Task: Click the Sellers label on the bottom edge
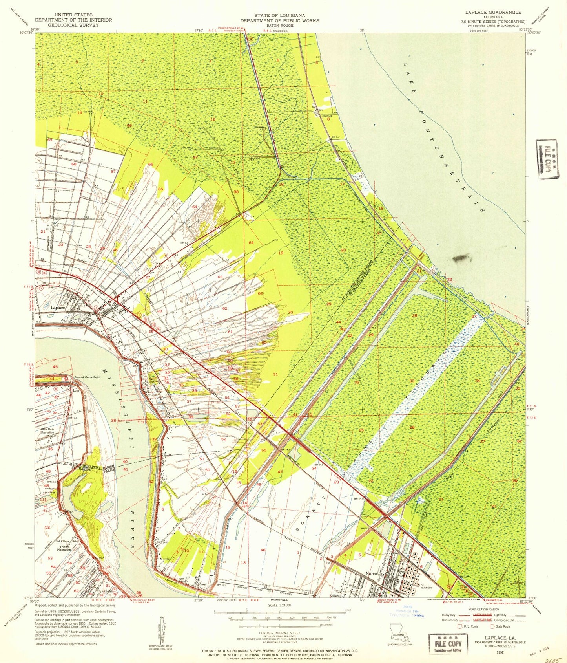pos(335,596)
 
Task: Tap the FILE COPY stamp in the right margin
pos(546,159)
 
